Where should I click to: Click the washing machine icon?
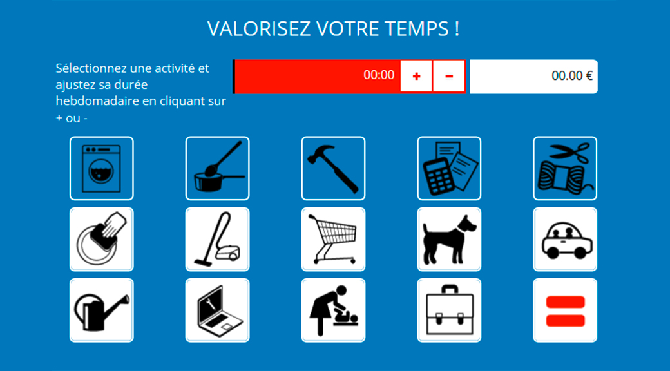pyautogui.click(x=101, y=168)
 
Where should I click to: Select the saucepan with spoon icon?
pyautogui.click(x=217, y=168)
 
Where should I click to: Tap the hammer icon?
pyautogui.click(x=333, y=168)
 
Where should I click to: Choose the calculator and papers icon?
pyautogui.click(x=448, y=168)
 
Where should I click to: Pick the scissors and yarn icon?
pyautogui.click(x=565, y=168)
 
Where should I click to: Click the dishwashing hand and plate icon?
pyautogui.click(x=101, y=240)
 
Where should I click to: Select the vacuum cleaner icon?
pyautogui.click(x=217, y=240)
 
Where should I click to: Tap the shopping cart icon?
pyautogui.click(x=333, y=240)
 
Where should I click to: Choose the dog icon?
pyautogui.click(x=448, y=240)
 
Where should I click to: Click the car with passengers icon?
pyautogui.click(x=565, y=240)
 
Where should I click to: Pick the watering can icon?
pyautogui.click(x=101, y=310)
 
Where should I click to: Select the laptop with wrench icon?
pyautogui.click(x=217, y=310)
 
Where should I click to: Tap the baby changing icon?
pyautogui.click(x=333, y=310)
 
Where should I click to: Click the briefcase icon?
pyautogui.click(x=448, y=310)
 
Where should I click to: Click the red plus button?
pyautogui.click(x=416, y=76)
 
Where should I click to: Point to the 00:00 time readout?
pyautogui.click(x=379, y=75)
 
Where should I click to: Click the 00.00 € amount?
pyautogui.click(x=571, y=75)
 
